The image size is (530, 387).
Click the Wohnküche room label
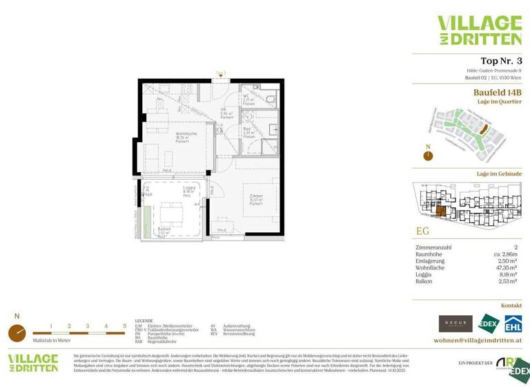point(186,133)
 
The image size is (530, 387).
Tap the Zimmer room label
point(256,196)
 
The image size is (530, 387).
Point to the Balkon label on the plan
point(164,232)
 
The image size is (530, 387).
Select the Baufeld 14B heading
point(497,92)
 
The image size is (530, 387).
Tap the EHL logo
point(512,323)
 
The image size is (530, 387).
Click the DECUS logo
point(455,323)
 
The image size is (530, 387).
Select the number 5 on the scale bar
point(124,325)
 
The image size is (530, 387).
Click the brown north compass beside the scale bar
point(17,332)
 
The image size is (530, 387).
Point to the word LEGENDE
point(144,321)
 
